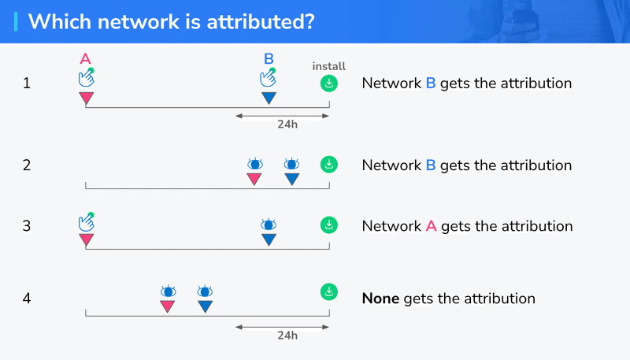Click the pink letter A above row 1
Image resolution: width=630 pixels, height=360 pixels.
click(x=85, y=59)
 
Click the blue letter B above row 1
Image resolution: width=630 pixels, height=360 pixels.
click(x=269, y=59)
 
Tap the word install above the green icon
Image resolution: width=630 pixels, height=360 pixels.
click(x=328, y=66)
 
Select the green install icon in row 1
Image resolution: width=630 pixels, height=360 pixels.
click(x=329, y=84)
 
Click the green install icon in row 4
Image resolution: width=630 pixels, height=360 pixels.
click(x=329, y=292)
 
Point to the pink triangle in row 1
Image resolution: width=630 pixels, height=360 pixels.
click(x=87, y=98)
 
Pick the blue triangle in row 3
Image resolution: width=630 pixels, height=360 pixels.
click(x=269, y=239)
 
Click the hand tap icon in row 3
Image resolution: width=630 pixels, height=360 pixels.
click(x=87, y=222)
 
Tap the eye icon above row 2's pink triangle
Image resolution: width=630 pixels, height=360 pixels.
click(x=254, y=164)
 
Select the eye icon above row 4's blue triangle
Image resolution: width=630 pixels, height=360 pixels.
click(x=205, y=291)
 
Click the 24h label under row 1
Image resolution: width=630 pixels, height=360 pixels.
click(x=287, y=124)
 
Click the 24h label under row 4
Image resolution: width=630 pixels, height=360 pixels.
click(x=287, y=336)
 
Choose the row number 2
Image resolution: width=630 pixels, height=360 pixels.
click(x=27, y=165)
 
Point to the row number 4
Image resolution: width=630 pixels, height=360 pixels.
click(x=27, y=299)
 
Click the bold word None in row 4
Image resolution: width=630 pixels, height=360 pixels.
click(x=380, y=299)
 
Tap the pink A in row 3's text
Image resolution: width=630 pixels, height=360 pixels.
click(x=431, y=226)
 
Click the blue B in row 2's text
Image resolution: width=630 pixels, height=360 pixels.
click(x=431, y=165)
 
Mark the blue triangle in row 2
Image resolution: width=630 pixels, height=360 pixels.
click(x=292, y=179)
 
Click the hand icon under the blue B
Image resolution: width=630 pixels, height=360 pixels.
click(x=268, y=77)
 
